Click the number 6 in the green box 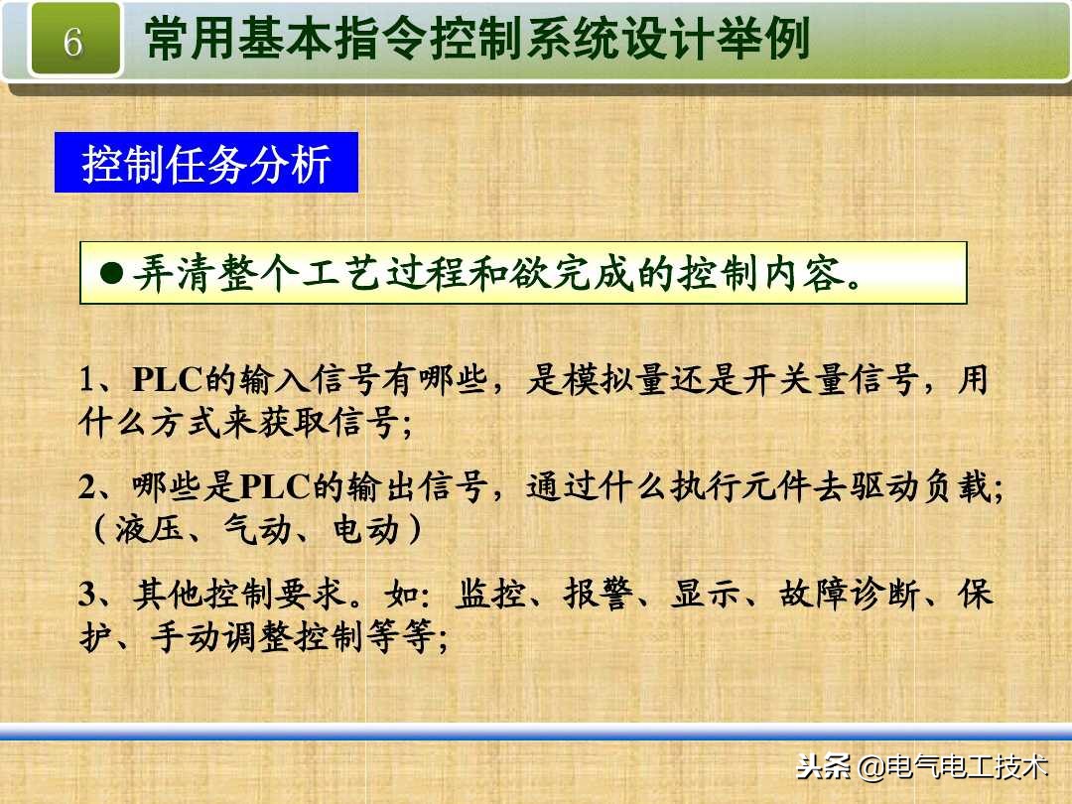(x=72, y=43)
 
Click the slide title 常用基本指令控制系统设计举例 (x=476, y=42)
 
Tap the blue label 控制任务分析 (x=205, y=163)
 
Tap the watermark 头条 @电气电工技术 (x=922, y=766)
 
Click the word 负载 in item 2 (x=959, y=488)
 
